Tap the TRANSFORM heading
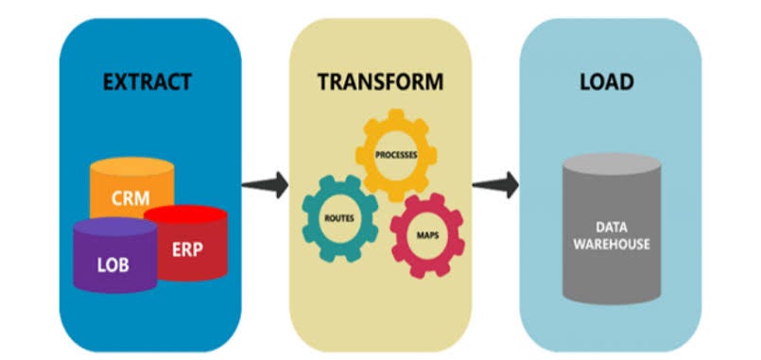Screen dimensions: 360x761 [x=378, y=83]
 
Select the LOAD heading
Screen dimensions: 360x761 [x=607, y=83]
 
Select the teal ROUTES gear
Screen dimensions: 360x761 [x=337, y=217]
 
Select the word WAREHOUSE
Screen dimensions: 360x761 [x=613, y=245]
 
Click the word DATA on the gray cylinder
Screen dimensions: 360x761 [x=613, y=228]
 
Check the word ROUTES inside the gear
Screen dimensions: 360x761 [x=337, y=217]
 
